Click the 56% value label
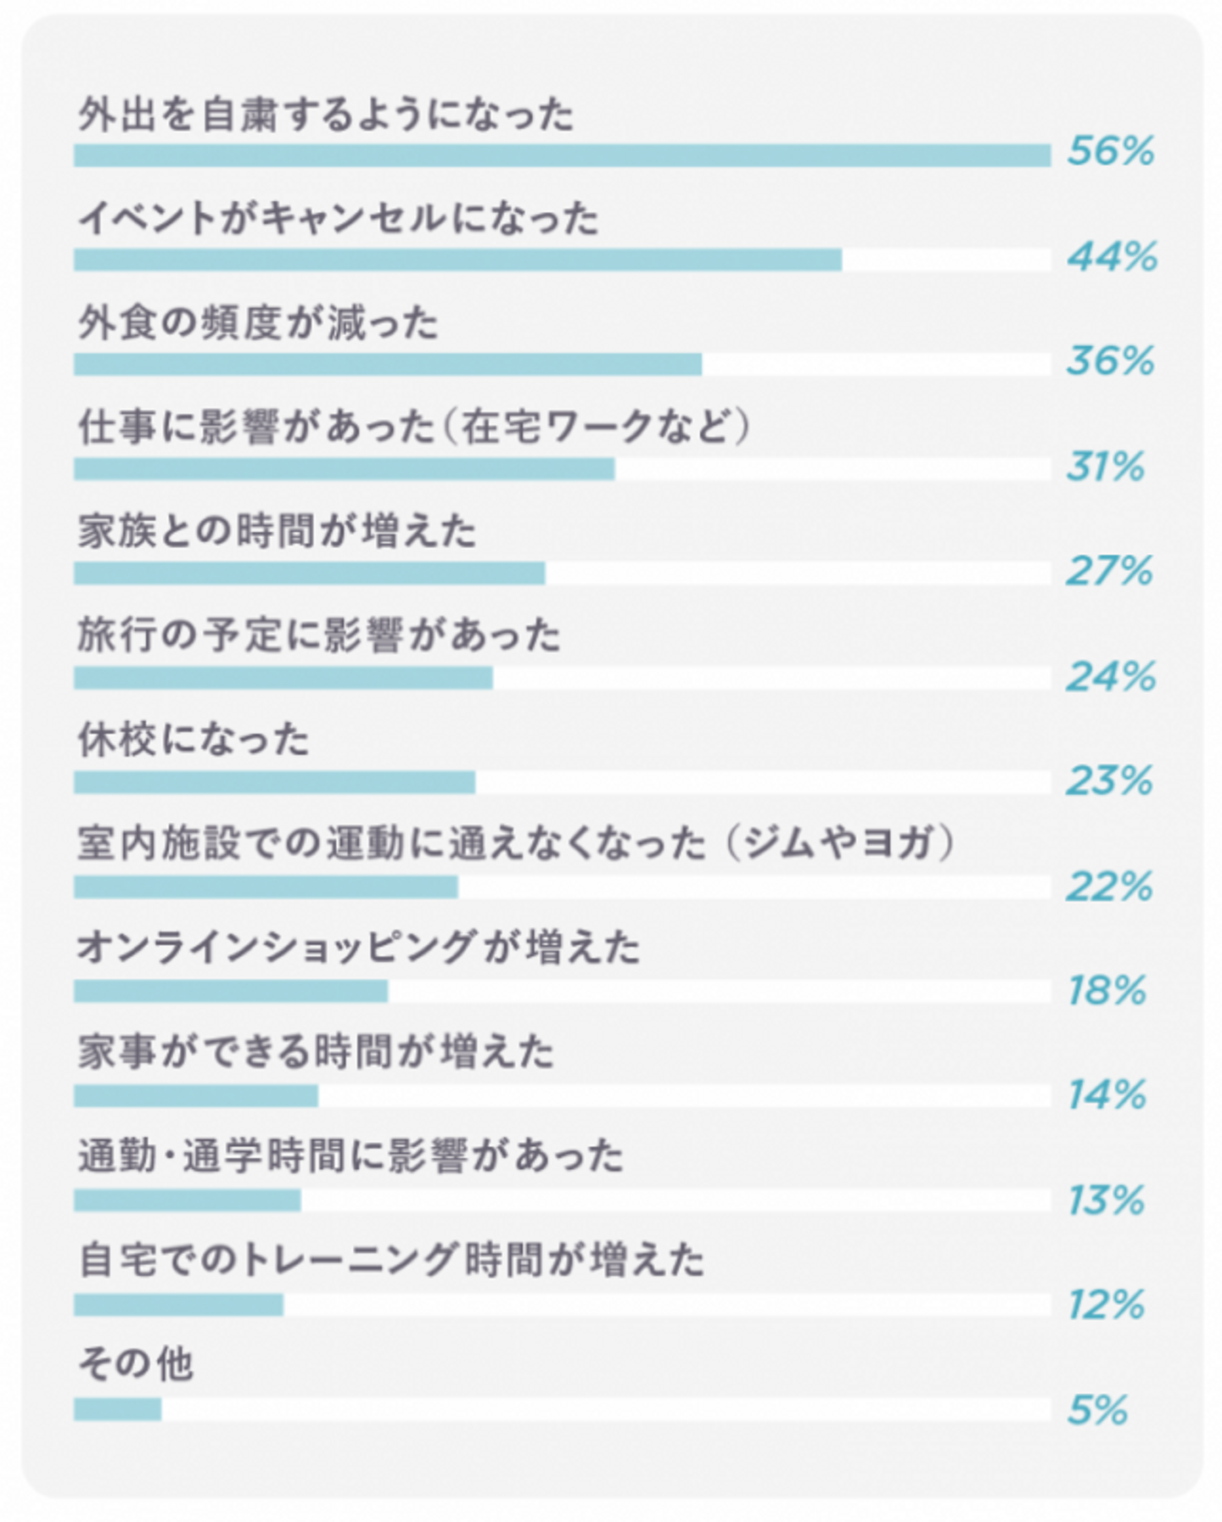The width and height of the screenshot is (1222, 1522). click(x=1110, y=152)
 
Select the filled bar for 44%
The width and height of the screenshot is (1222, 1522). click(x=457, y=260)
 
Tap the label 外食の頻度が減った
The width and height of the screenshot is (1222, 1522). click(x=258, y=322)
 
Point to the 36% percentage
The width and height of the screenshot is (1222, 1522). click(x=1110, y=361)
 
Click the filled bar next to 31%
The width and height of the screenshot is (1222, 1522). click(x=344, y=468)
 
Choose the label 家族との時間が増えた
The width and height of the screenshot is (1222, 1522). click(x=277, y=531)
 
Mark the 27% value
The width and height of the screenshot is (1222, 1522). click(x=1109, y=571)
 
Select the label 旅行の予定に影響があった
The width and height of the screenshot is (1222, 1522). click(x=319, y=635)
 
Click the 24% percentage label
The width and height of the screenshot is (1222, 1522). click(x=1110, y=676)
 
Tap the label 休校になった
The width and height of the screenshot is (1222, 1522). click(x=193, y=740)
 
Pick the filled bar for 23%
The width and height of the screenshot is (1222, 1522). click(x=274, y=782)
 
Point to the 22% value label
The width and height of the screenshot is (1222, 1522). click(x=1109, y=887)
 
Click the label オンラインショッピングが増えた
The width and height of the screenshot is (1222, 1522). click(x=358, y=948)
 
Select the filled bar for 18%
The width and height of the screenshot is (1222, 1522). click(x=231, y=991)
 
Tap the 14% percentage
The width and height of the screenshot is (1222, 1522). click(x=1107, y=1095)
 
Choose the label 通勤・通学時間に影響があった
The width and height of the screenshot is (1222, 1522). click(x=350, y=1156)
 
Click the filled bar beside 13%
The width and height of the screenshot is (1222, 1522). click(x=187, y=1200)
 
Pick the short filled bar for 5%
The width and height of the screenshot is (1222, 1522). click(x=117, y=1409)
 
